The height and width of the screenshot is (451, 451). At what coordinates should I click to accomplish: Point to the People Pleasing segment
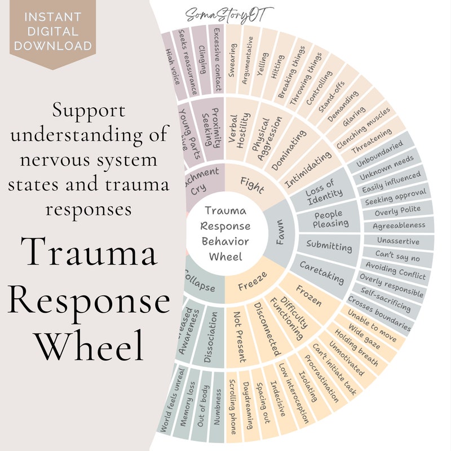331,219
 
